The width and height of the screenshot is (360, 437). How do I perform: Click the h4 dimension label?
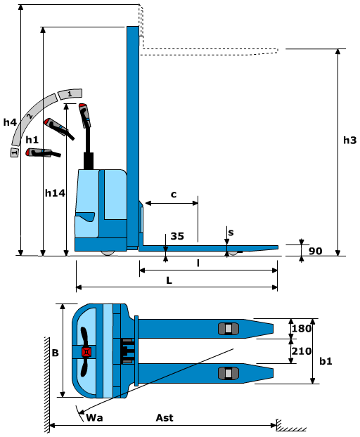point(10,122)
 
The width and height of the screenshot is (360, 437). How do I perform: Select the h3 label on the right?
point(349,141)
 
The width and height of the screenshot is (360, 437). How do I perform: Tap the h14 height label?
point(55,193)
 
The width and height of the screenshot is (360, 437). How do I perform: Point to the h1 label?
point(32,140)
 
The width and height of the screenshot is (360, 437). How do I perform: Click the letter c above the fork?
point(174,194)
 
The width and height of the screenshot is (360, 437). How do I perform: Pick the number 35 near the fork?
point(177,236)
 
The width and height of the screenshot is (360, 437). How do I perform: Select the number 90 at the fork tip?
point(316,251)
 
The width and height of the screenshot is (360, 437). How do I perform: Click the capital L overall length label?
point(169,280)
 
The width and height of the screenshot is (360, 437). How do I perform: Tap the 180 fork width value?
point(302,328)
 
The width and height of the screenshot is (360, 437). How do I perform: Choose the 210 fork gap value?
point(302,351)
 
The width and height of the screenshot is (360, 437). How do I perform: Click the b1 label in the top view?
point(326,361)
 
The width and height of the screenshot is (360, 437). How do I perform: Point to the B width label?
point(56,353)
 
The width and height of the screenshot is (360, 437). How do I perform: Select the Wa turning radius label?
point(94,417)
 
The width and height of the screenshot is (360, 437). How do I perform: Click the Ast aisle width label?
point(165,417)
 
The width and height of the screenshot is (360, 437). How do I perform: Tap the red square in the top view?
point(86,352)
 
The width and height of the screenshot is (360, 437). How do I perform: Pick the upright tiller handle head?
point(84,115)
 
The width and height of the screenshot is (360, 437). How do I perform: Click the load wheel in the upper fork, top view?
point(229,329)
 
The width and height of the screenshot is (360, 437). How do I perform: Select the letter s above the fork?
point(231,233)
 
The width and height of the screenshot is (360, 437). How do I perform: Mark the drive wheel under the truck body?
point(108,253)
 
